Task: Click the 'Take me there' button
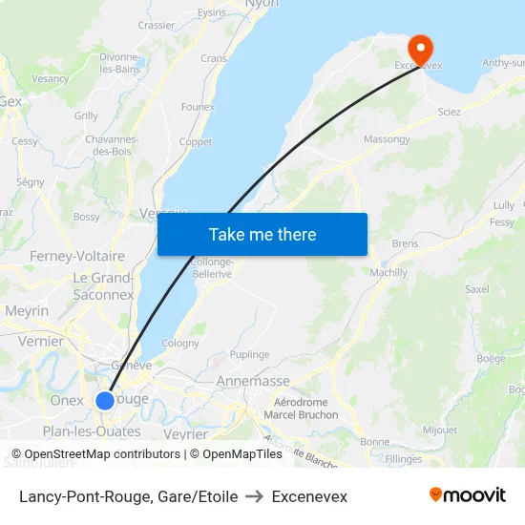click(x=262, y=234)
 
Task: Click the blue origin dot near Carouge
click(x=105, y=401)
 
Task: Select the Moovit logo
click(x=468, y=495)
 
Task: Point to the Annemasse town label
click(x=253, y=381)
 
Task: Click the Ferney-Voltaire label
click(x=77, y=256)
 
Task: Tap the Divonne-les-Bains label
click(x=120, y=63)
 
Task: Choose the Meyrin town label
click(x=27, y=310)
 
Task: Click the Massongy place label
click(x=387, y=139)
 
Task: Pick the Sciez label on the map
click(x=449, y=112)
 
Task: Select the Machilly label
click(x=388, y=272)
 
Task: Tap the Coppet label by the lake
click(x=195, y=142)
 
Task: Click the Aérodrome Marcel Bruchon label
click(x=301, y=409)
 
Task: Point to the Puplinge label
click(x=249, y=354)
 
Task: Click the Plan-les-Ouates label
click(x=92, y=430)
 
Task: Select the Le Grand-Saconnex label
click(x=103, y=286)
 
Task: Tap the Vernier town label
click(x=41, y=341)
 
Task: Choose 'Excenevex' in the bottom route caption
click(x=309, y=496)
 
